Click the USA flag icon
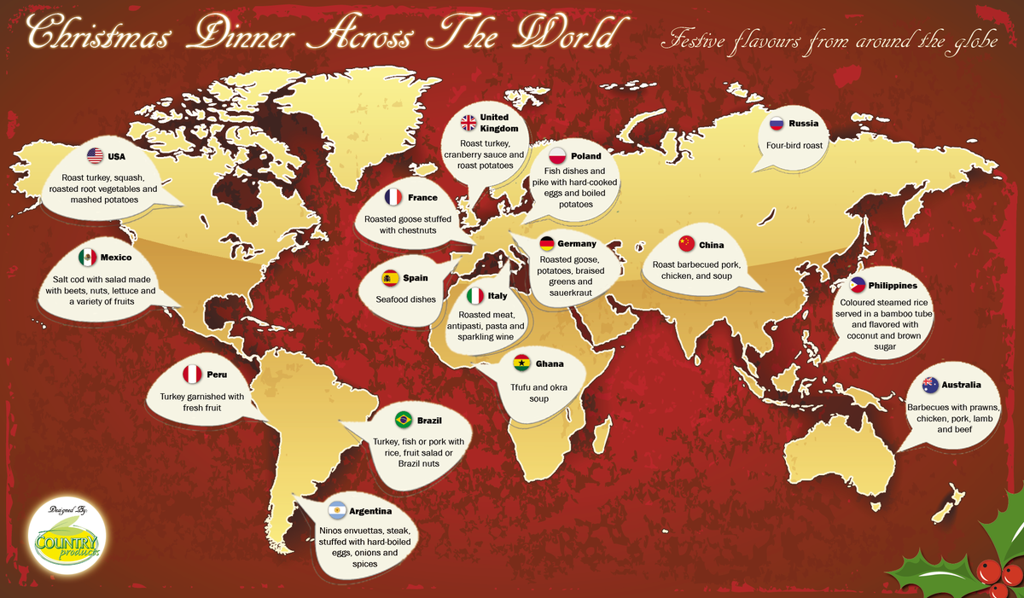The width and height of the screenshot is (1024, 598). pyautogui.click(x=96, y=156)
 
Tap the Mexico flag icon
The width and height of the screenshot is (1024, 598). pyautogui.click(x=87, y=257)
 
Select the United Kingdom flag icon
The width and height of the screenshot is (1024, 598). pyautogui.click(x=469, y=123)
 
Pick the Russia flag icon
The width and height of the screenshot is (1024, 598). pyautogui.click(x=777, y=123)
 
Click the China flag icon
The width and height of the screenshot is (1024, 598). pyautogui.click(x=687, y=244)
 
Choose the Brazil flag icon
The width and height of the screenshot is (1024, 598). pyautogui.click(x=404, y=420)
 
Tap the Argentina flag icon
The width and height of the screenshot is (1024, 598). pyautogui.click(x=336, y=511)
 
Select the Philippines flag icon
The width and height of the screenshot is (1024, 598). pyautogui.click(x=857, y=286)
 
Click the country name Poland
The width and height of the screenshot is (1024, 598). pyautogui.click(x=586, y=156)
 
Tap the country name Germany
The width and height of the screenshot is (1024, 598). pyautogui.click(x=577, y=244)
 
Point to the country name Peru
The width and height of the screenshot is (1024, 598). pyautogui.click(x=217, y=374)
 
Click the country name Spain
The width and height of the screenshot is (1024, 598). pyautogui.click(x=416, y=278)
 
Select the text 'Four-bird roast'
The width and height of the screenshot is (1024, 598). pyautogui.click(x=794, y=146)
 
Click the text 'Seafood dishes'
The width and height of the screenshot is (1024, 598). pyautogui.click(x=406, y=299)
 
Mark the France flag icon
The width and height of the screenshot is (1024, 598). pyautogui.click(x=393, y=197)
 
